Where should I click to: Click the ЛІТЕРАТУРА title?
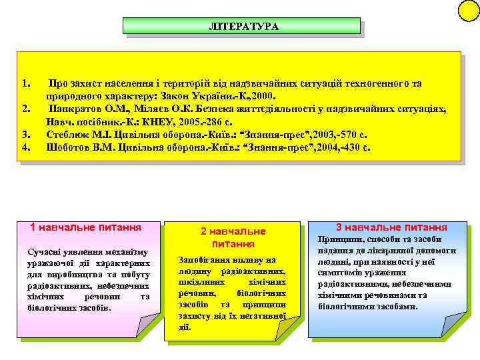coord(243,26)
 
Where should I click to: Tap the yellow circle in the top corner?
coord(469,9)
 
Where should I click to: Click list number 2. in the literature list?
coord(26,108)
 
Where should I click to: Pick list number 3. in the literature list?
coord(26,135)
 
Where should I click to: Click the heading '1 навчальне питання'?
coord(86,227)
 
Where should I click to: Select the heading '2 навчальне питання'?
coord(233,237)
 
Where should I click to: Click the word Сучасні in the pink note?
coord(41,251)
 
